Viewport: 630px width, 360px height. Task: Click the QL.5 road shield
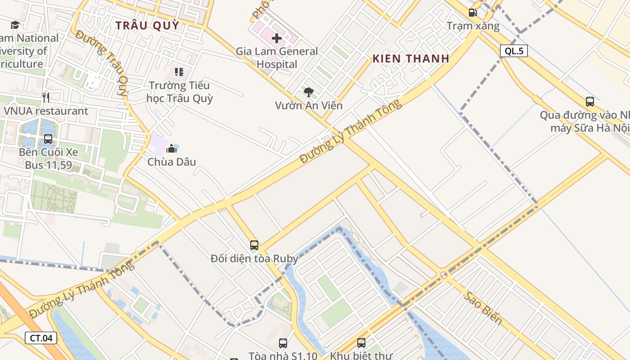point(513,51)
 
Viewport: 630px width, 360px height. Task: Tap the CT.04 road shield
point(41,338)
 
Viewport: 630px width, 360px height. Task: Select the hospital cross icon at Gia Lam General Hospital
point(277,38)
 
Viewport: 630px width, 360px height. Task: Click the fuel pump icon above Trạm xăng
point(472,13)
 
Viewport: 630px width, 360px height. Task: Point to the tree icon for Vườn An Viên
point(308,92)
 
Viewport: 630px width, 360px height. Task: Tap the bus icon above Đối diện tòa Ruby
point(254,245)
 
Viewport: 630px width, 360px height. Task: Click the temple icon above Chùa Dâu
point(171,148)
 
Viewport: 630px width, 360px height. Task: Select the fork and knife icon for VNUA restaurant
point(45,97)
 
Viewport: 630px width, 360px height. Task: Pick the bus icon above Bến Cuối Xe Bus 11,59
point(48,139)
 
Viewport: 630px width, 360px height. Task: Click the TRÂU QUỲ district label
point(147,25)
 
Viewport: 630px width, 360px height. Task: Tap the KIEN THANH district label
point(411,58)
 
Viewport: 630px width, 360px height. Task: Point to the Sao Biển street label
point(483,308)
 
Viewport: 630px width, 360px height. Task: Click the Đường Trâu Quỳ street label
point(103,63)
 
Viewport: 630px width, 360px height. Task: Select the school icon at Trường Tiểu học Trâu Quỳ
point(179,72)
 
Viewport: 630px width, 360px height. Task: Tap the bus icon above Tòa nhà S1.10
point(283,343)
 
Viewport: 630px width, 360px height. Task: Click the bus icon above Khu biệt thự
point(361,343)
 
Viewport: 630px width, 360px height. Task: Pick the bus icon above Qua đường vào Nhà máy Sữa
point(589,102)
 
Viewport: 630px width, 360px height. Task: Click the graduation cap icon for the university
point(15,25)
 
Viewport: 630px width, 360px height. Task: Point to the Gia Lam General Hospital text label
point(277,58)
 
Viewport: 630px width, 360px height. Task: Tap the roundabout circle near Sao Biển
point(444,275)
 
